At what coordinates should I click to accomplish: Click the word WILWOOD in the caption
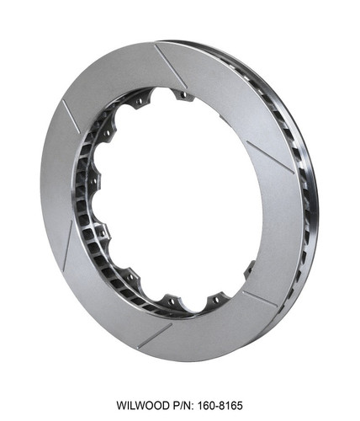click(x=145, y=405)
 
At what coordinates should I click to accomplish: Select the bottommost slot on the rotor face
click(x=155, y=335)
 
